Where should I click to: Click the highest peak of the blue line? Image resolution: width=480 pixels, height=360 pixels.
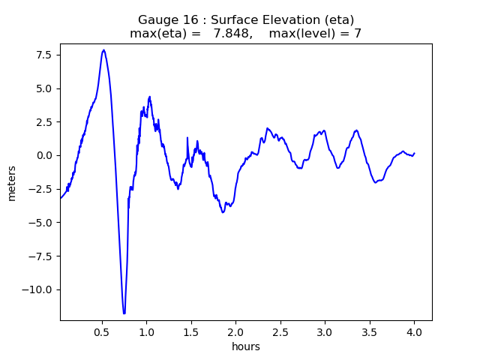pos(103,50)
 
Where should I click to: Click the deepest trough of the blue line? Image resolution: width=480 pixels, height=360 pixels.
pos(124,313)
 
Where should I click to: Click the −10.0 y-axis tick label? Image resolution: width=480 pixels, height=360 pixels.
pos(39,289)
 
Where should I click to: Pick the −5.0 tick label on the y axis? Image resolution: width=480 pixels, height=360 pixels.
pos(42,223)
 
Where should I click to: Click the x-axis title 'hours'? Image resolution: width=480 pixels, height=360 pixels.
pos(245,346)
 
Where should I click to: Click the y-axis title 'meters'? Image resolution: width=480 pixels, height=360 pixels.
pos(12,181)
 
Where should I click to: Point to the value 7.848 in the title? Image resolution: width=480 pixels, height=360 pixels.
pos(231,33)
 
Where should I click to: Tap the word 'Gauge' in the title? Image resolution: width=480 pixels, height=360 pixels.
pos(155,19)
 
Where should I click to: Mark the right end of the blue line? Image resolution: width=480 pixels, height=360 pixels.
pos(414,153)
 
